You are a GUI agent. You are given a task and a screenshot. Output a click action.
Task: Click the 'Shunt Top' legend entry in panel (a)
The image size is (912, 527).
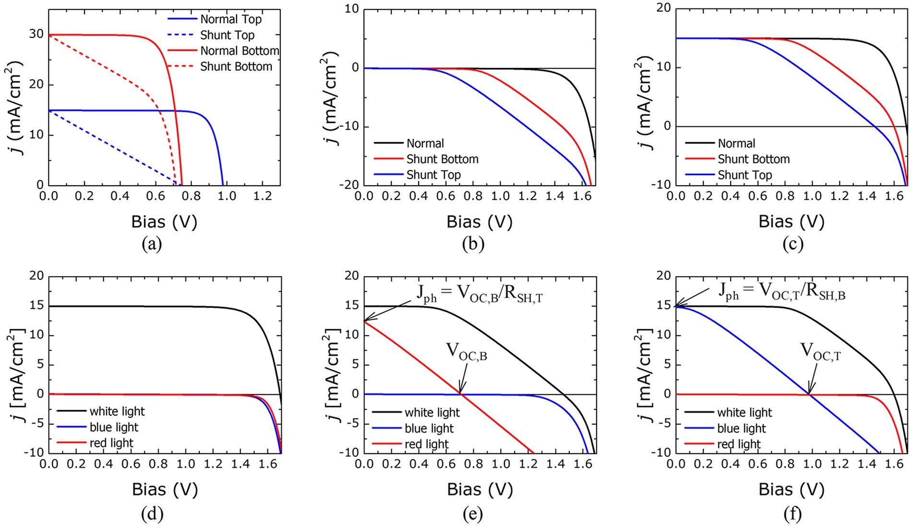click(227, 35)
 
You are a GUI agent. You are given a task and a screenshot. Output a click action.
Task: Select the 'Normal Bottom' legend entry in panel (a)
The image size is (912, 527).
click(239, 51)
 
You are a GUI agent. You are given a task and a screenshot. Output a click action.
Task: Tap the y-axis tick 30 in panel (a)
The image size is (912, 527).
click(36, 35)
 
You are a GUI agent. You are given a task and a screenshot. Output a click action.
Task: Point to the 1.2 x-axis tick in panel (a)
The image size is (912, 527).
click(263, 195)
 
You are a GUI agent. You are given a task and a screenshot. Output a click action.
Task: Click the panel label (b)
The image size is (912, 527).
click(473, 244)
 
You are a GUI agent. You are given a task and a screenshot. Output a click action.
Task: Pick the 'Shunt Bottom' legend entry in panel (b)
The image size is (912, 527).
click(442, 159)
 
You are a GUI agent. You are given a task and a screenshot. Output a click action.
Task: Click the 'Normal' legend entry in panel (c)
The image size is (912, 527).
click(736, 143)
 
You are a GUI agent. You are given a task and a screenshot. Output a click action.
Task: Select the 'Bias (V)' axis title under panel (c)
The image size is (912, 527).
click(792, 221)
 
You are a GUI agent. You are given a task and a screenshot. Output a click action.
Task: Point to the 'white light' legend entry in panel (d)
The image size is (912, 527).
click(117, 411)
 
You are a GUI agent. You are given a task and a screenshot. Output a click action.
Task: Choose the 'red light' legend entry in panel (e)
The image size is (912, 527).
click(426, 444)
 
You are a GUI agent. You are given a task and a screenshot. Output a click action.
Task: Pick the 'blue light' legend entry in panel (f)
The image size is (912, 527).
click(741, 428)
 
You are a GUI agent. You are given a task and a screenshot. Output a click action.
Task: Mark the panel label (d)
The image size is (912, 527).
click(152, 514)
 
